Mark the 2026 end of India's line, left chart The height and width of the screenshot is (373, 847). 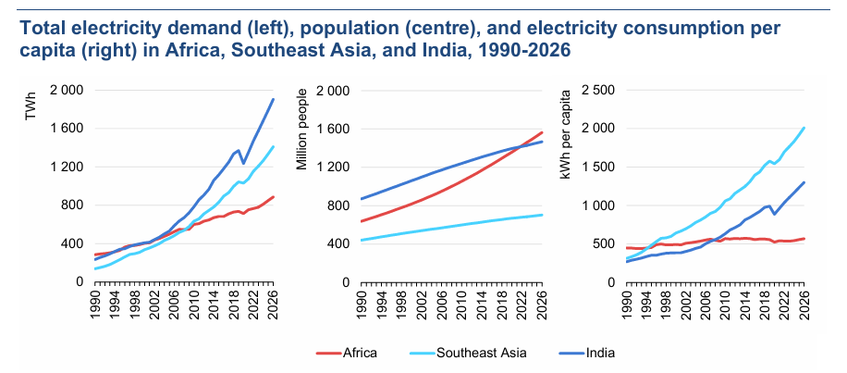(274, 99)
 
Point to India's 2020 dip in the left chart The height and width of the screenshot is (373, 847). (243, 164)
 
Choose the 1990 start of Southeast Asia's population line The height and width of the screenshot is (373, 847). (362, 240)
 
